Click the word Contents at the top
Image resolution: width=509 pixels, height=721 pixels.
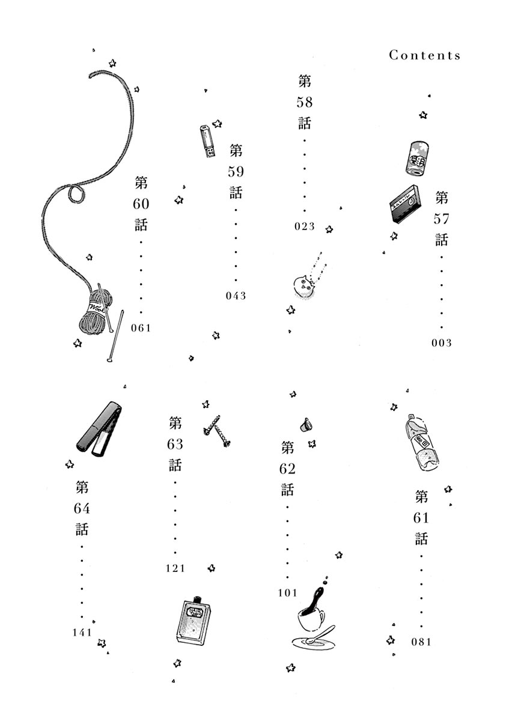[424, 55]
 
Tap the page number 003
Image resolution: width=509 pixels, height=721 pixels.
[441, 343]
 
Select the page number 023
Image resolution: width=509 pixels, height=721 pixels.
[305, 227]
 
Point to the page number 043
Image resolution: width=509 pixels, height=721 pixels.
[236, 296]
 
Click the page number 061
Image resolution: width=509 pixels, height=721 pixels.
[141, 327]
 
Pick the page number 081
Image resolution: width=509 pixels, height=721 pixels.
[422, 641]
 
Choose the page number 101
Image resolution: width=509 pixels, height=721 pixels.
[288, 593]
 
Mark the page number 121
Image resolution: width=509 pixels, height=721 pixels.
[175, 568]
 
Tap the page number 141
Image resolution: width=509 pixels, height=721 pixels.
[81, 631]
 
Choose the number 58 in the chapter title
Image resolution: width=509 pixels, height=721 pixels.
[305, 102]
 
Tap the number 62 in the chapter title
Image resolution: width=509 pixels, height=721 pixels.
[288, 469]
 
